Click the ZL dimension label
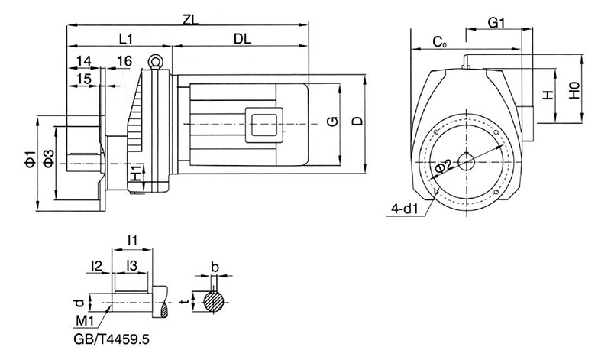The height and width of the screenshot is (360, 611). coord(190,20)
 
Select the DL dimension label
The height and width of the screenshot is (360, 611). coord(242,39)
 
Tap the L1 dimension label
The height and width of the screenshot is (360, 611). coord(126,39)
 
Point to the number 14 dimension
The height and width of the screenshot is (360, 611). coord(84,61)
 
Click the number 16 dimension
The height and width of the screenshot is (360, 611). coord(124,61)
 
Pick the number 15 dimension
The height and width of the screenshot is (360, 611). coord(84,79)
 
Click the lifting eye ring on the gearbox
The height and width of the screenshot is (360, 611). coord(155,61)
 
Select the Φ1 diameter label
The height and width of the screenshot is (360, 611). coord(30,159)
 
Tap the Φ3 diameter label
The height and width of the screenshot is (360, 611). coord(48,159)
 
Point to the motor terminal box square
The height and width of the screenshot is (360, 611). coord(264,125)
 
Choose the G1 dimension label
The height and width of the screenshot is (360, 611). coord(496,23)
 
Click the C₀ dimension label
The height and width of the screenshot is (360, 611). coord(440,42)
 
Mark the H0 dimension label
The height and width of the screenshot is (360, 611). coord(575,90)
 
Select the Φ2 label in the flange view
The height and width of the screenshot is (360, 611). coord(443,166)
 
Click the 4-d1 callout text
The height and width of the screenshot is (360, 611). coord(405,209)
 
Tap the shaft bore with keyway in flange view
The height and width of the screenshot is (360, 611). coord(466,162)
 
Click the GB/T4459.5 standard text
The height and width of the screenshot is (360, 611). coord(112,339)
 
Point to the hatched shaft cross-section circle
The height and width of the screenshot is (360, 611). coord(214,301)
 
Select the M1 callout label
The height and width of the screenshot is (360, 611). coord(85,321)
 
